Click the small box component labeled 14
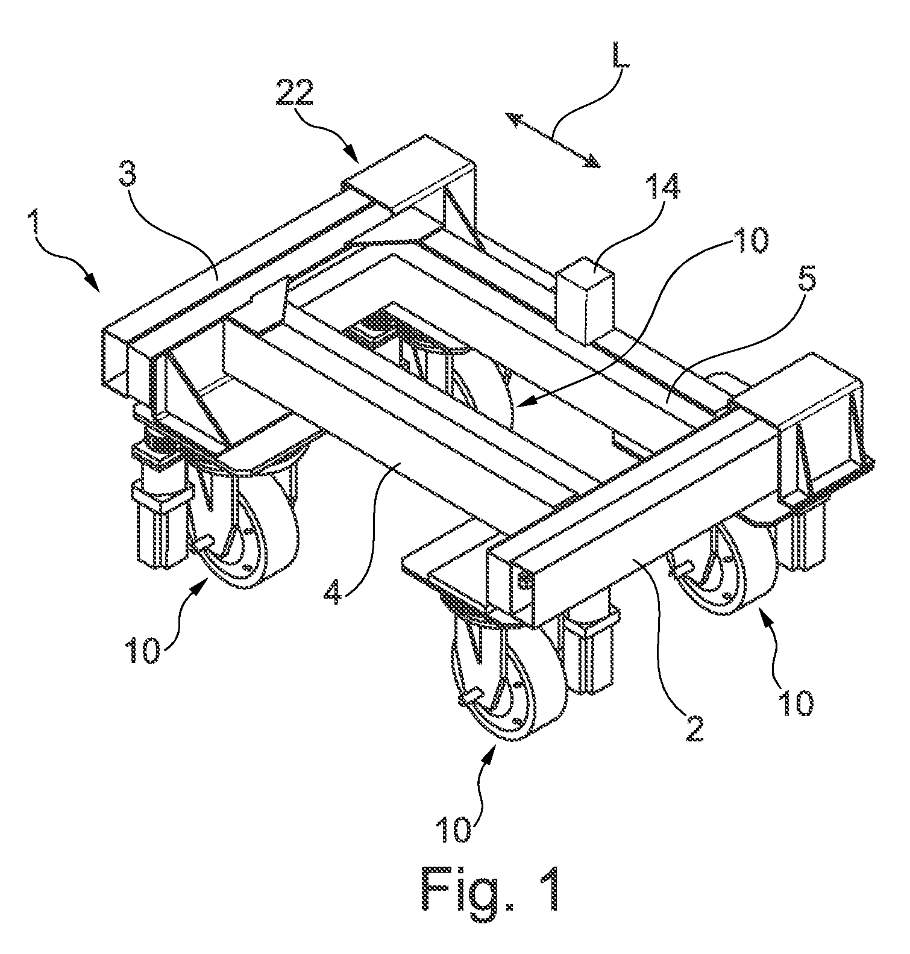tap(584, 299)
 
